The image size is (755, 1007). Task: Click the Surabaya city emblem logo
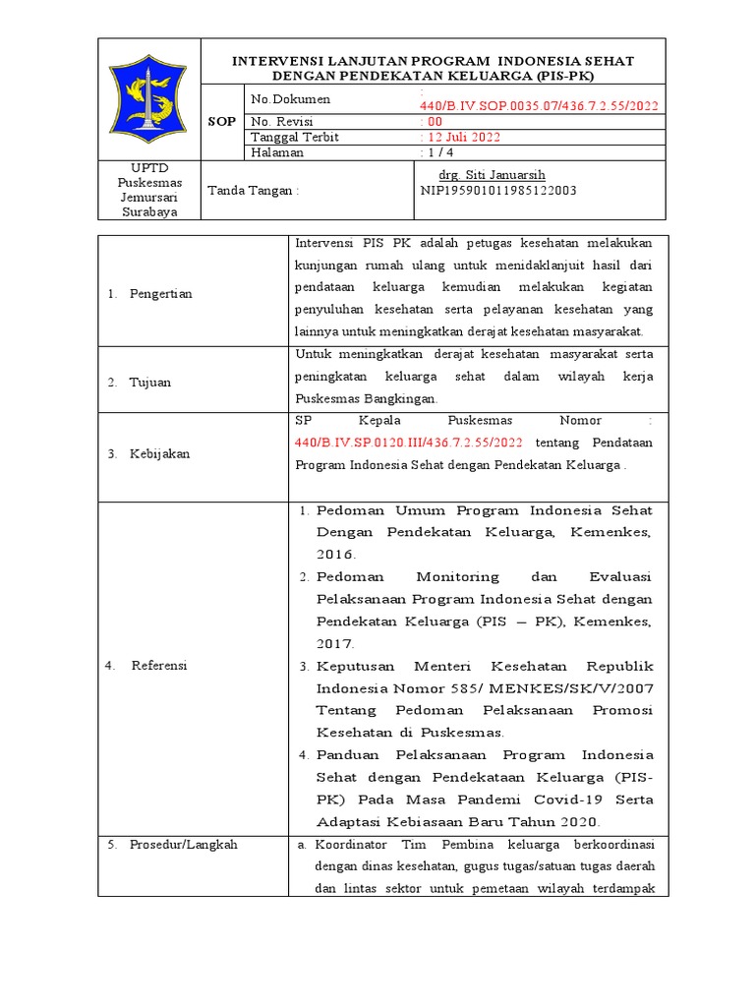pyautogui.click(x=147, y=99)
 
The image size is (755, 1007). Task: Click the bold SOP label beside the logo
pyautogui.click(x=221, y=122)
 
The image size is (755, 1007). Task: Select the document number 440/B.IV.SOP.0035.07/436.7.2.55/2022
pyautogui.click(x=539, y=106)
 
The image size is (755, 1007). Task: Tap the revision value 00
pyautogui.click(x=435, y=122)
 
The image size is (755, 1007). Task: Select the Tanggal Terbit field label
pyautogui.click(x=295, y=138)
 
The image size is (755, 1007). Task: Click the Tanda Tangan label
pyautogui.click(x=253, y=191)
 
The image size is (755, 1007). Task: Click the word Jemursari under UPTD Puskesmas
pyautogui.click(x=148, y=197)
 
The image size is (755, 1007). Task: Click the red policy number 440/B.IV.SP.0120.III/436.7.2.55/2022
pyautogui.click(x=409, y=444)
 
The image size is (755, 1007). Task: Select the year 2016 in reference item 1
pyautogui.click(x=336, y=556)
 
